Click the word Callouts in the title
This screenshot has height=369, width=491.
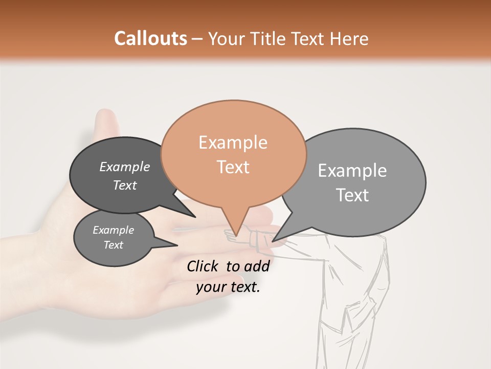tap(150, 38)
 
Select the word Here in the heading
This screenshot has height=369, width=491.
tap(350, 38)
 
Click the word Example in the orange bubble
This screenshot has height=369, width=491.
tap(233, 142)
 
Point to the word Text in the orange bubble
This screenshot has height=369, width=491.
tap(233, 167)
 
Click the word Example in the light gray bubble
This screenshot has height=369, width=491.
tap(352, 171)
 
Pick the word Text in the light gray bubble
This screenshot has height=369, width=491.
tap(352, 195)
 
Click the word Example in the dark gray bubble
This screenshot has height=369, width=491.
tap(125, 167)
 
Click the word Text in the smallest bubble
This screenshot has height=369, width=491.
tap(114, 245)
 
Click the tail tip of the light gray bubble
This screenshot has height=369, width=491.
tap(273, 241)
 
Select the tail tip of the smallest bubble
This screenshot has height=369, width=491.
tap(177, 245)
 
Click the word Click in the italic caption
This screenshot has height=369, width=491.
tap(204, 266)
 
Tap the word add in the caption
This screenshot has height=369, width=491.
tap(257, 266)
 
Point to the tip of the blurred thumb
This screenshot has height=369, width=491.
tap(106, 113)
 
